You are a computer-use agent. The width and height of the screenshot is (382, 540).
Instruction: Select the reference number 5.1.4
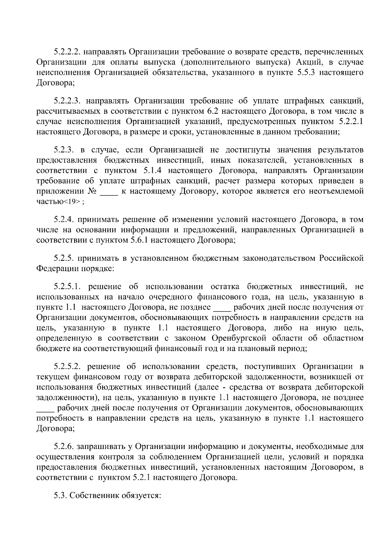[x=153, y=171]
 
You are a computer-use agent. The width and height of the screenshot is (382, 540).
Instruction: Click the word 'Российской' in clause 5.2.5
[x=342, y=258]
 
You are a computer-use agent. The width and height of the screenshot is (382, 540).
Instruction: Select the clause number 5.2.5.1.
[x=68, y=287]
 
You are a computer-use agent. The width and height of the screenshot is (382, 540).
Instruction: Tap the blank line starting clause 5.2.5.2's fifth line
[x=44, y=408]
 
